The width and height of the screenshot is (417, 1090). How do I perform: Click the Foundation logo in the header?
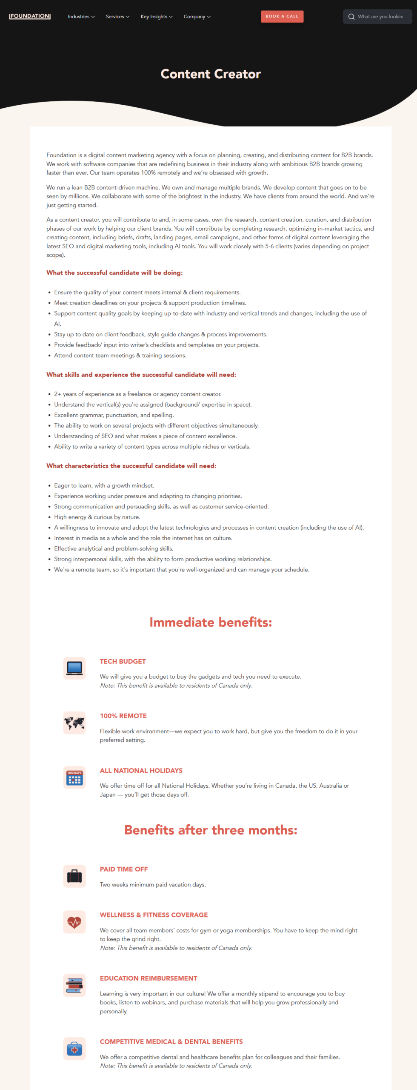(x=30, y=16)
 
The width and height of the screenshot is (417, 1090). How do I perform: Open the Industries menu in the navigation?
(x=81, y=17)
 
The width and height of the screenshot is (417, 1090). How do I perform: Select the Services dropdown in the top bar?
(x=117, y=17)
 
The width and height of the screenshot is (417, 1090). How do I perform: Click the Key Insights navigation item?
(x=156, y=17)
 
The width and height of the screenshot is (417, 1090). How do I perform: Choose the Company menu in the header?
(x=197, y=17)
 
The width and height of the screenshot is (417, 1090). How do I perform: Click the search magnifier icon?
(x=351, y=17)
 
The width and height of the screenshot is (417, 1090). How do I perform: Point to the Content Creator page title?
(x=211, y=74)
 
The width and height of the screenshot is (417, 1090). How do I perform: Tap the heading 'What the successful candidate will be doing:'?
(x=114, y=272)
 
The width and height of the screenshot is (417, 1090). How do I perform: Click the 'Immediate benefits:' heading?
(x=211, y=622)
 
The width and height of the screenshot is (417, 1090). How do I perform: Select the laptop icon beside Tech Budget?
(x=74, y=668)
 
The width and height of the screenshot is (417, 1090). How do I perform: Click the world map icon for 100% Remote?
(x=74, y=723)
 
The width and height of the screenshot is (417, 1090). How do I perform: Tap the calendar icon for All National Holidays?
(x=74, y=777)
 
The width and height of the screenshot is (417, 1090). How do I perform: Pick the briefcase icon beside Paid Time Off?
(x=74, y=876)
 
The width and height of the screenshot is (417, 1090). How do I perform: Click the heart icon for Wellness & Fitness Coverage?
(x=74, y=922)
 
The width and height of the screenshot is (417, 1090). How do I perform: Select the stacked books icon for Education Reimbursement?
(x=74, y=985)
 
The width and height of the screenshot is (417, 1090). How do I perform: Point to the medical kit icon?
(x=74, y=1048)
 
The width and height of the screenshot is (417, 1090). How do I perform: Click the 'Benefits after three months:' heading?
(x=211, y=830)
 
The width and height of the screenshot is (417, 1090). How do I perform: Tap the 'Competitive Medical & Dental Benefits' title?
(x=171, y=1041)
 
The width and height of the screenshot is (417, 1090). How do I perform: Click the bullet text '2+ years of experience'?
(x=137, y=394)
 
